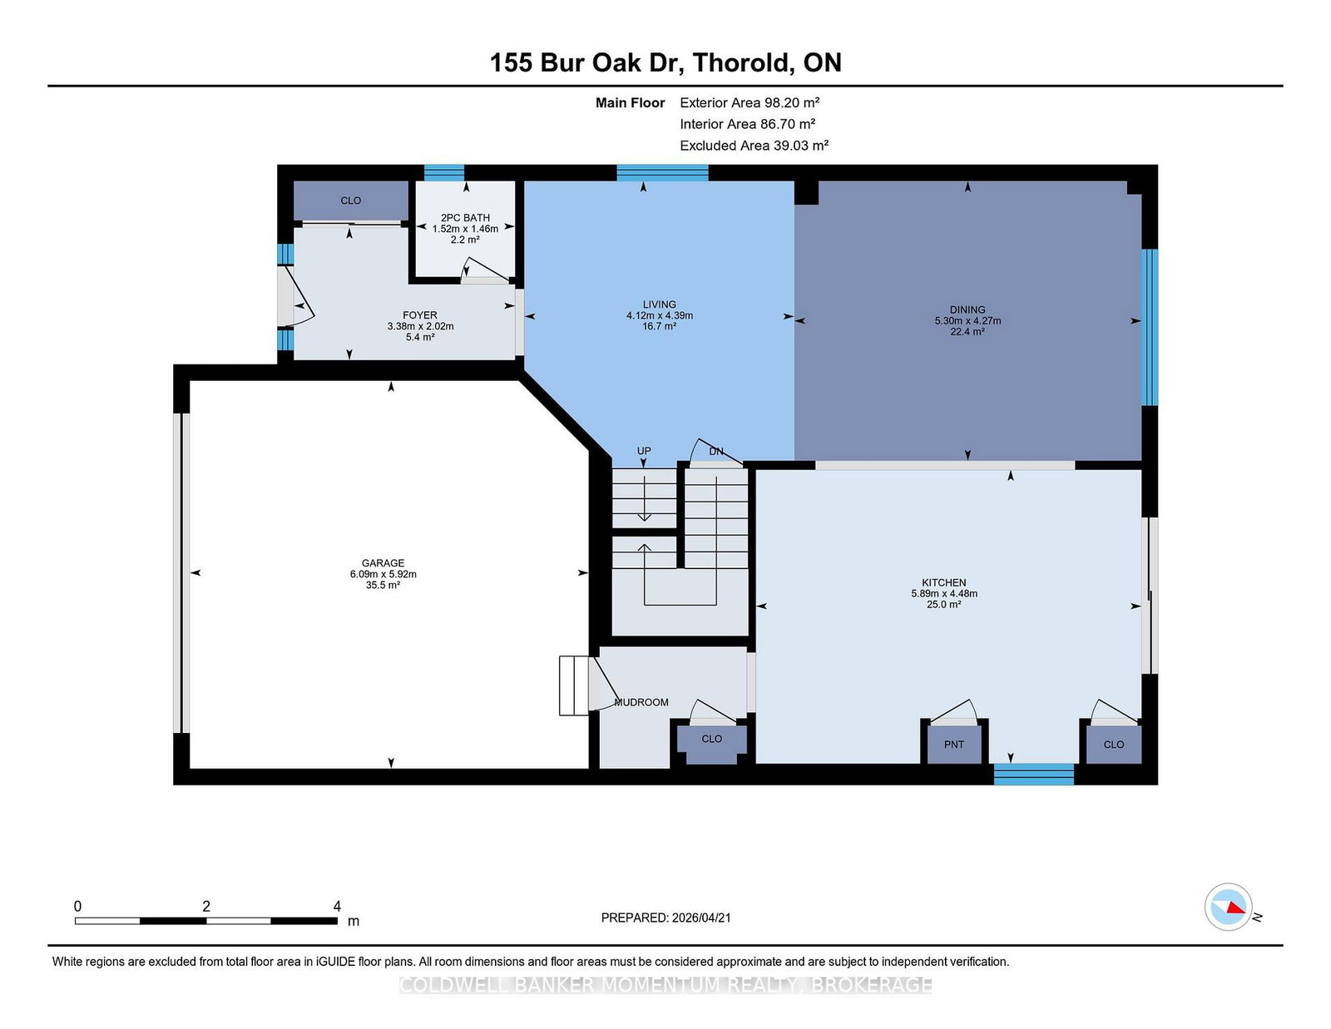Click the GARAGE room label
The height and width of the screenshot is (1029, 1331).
383,563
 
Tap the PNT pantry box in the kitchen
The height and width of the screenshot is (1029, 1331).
953,745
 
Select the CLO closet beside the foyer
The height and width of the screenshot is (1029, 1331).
350,200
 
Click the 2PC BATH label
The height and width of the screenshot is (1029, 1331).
465,218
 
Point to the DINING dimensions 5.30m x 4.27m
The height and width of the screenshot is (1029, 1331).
967,320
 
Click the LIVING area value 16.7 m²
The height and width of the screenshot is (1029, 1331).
659,326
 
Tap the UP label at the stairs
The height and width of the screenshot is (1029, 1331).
644,451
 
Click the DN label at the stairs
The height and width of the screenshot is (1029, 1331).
716,451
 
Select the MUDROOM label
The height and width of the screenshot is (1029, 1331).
641,702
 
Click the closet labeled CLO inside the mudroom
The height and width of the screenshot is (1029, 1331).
711,739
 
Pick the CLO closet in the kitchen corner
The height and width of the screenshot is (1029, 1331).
1113,745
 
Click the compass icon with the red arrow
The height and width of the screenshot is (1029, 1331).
1228,907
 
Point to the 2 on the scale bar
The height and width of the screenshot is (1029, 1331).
206,906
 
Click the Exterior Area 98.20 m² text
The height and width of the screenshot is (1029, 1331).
749,102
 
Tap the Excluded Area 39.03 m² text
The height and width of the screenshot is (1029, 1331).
754,146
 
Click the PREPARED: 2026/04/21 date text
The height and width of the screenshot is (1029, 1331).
665,918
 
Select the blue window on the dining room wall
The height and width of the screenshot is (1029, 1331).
1149,327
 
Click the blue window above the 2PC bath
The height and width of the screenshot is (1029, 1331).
443,172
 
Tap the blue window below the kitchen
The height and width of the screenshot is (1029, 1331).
1033,774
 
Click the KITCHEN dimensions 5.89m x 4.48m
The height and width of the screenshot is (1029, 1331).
943,594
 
